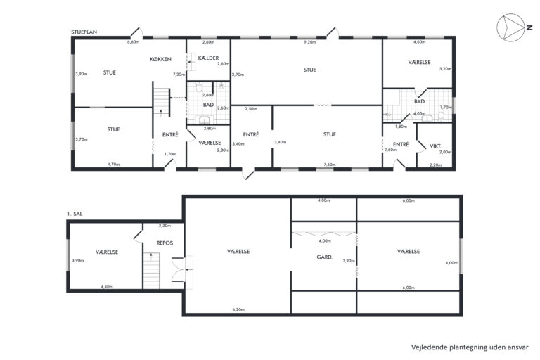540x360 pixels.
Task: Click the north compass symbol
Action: coord(510,28)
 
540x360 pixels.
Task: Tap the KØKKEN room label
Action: coord(160,59)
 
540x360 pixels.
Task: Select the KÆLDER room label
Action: coord(208,58)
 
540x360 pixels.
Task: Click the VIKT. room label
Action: coord(435,146)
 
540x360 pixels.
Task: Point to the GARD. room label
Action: coord(324,257)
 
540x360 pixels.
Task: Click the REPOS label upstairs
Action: coord(165,243)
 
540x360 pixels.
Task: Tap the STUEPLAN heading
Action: coord(84,32)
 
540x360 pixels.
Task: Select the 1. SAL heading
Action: coord(75,214)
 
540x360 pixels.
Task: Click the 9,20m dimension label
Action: coord(309,42)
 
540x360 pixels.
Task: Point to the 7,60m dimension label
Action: coord(330,165)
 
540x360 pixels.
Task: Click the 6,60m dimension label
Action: coord(134,42)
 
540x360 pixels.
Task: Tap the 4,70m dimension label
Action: coord(113,165)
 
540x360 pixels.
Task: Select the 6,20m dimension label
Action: coord(238,309)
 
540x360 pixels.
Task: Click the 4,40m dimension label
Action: coord(107,287)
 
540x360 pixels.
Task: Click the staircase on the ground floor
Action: coord(161,103)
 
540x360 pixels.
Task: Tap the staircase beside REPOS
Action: coord(151,271)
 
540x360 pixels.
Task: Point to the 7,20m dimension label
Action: coord(179,74)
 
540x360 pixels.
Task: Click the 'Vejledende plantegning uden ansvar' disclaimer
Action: coord(470,347)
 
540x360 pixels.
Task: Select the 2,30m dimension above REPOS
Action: coord(165,226)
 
